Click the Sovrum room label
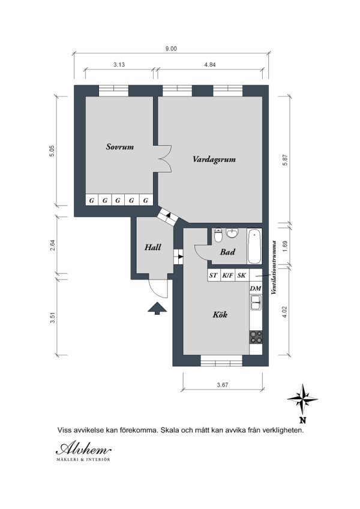click(x=120, y=147)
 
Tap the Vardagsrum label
click(x=214, y=159)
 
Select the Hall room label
click(x=153, y=248)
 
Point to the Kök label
click(x=220, y=314)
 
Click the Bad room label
click(x=227, y=252)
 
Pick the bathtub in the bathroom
click(x=254, y=246)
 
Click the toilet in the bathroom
click(x=218, y=235)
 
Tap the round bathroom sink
click(x=232, y=233)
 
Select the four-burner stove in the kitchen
click(x=256, y=337)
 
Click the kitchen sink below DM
click(x=256, y=302)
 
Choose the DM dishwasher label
click(x=256, y=288)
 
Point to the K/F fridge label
click(x=227, y=276)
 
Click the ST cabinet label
click(x=213, y=276)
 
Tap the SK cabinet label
click(x=241, y=276)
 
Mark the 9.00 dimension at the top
click(x=171, y=49)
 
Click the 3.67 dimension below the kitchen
click(x=223, y=385)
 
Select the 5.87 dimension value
click(x=285, y=160)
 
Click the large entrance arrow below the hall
click(x=157, y=308)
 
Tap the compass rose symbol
click(x=302, y=399)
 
